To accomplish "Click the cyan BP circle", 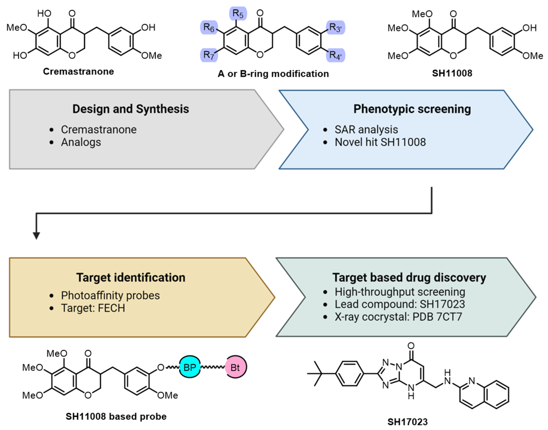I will [190, 367].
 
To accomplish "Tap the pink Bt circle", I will [236, 367].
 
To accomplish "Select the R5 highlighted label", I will [238, 13].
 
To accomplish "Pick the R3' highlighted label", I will [335, 27].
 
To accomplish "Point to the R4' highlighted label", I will [335, 55].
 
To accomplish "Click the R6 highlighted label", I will [209, 27].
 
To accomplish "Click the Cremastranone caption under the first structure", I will [78, 71].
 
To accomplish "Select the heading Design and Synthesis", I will [131, 109].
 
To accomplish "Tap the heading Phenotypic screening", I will [412, 109].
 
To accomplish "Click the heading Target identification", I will [131, 277].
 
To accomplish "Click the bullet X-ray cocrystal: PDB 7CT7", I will [398, 317].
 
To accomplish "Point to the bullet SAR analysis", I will [366, 130].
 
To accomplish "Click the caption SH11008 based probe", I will [116, 417].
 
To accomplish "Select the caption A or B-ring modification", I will [273, 74].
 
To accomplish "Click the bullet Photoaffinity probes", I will [110, 295].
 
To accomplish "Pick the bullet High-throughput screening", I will [400, 292].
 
